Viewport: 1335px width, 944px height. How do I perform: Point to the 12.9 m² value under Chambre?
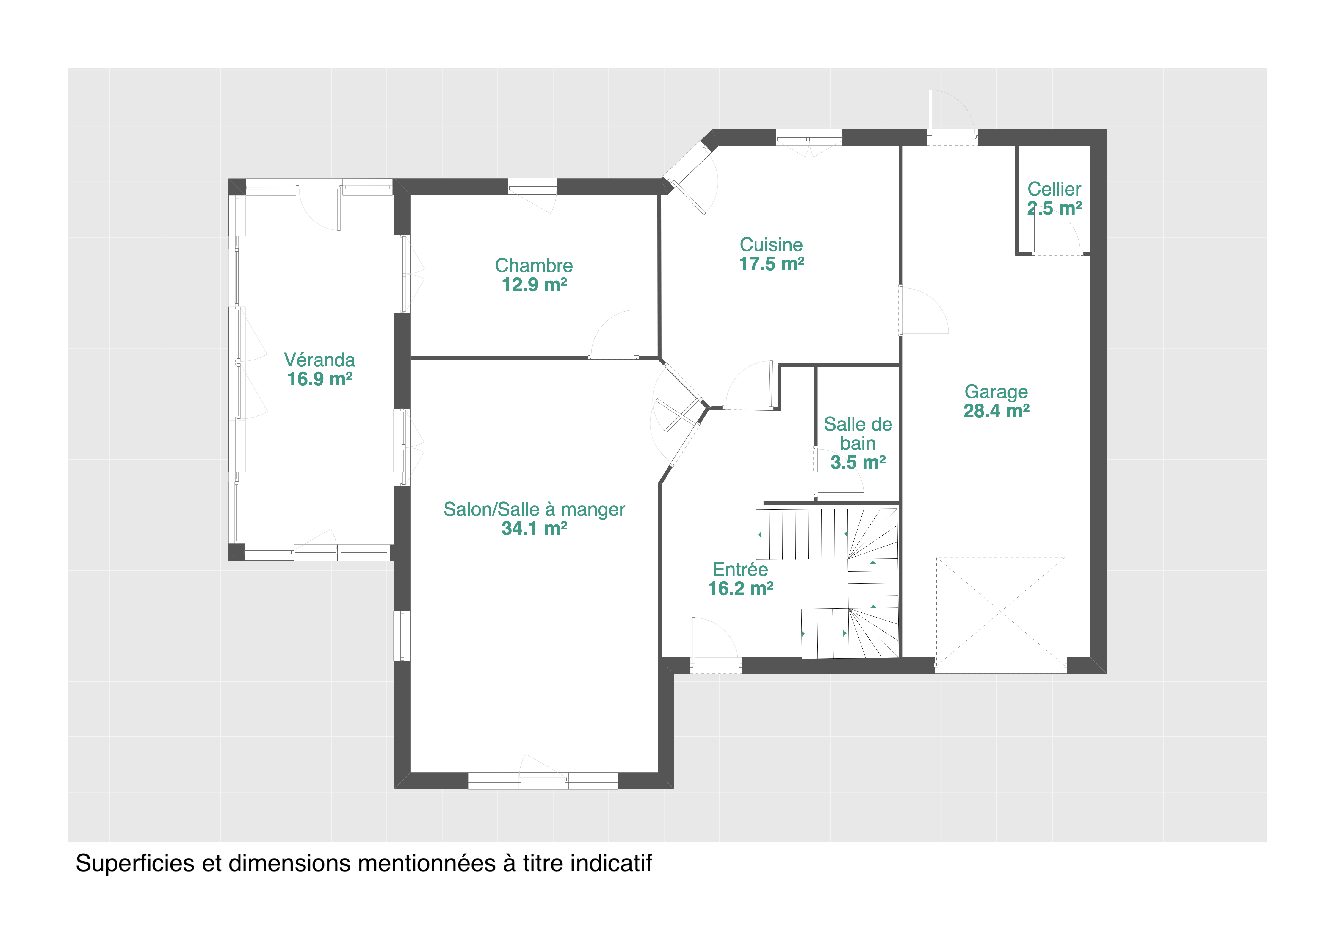(x=534, y=285)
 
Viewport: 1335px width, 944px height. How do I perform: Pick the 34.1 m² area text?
(x=534, y=528)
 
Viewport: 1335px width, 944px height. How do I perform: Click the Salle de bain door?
(x=838, y=471)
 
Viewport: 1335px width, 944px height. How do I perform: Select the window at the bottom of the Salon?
(x=543, y=781)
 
